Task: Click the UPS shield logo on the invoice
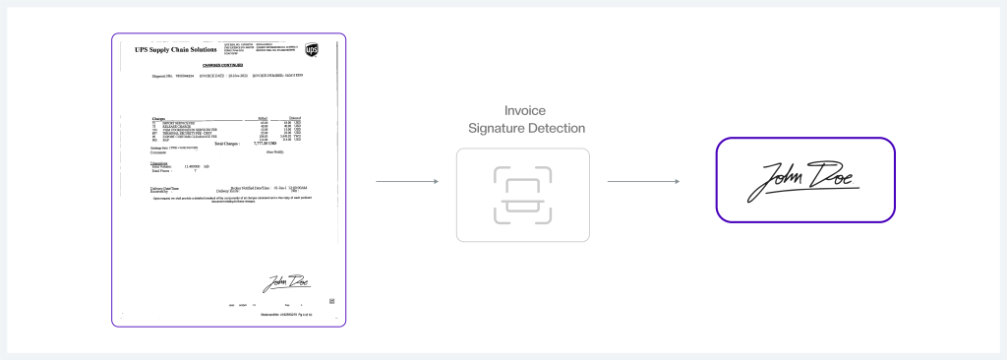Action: coord(312,49)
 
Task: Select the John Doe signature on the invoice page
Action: coord(285,281)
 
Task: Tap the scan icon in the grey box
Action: coord(522,195)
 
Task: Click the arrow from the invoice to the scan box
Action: coord(406,181)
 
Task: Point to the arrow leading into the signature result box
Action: coord(644,181)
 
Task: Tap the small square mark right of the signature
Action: coord(330,300)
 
